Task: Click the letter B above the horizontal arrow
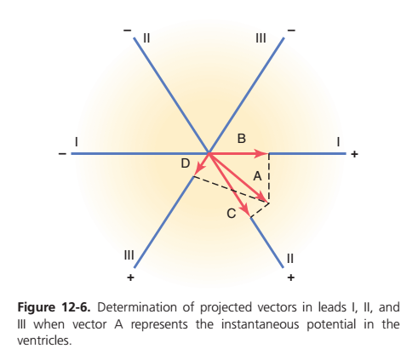pyautogui.click(x=241, y=139)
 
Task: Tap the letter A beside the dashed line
pyautogui.click(x=257, y=176)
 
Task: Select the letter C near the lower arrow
pyautogui.click(x=232, y=214)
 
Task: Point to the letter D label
pyautogui.click(x=186, y=163)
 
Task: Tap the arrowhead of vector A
pyautogui.click(x=263, y=198)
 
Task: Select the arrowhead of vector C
pyautogui.click(x=246, y=210)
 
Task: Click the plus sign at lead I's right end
pyautogui.click(x=354, y=154)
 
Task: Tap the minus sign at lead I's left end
pyautogui.click(x=62, y=154)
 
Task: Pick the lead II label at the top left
pyautogui.click(x=146, y=38)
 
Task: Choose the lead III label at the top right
pyautogui.click(x=261, y=38)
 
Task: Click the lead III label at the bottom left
pyautogui.click(x=129, y=255)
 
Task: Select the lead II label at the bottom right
pyautogui.click(x=290, y=258)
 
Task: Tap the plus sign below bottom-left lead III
pyautogui.click(x=130, y=277)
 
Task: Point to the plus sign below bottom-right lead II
pyautogui.click(x=290, y=277)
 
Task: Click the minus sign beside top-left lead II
pyautogui.click(x=128, y=31)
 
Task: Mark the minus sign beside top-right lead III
pyautogui.click(x=291, y=31)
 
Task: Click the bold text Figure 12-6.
pyautogui.click(x=54, y=308)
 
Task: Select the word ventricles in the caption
pyautogui.click(x=44, y=340)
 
